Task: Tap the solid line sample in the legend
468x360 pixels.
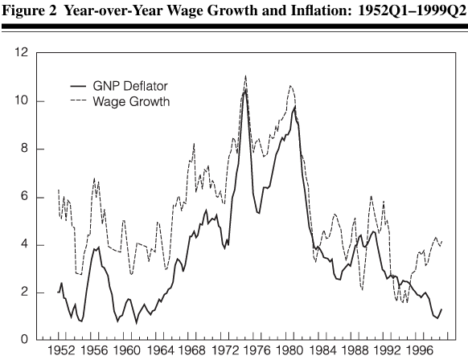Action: (80, 85)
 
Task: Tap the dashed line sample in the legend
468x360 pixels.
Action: (80, 101)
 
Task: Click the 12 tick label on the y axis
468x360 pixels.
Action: (23, 53)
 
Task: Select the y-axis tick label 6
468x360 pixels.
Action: (26, 197)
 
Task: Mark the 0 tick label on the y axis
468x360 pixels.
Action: (26, 340)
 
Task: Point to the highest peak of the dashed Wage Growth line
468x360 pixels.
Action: (245, 76)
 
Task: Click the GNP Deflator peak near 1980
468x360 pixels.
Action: (295, 106)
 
